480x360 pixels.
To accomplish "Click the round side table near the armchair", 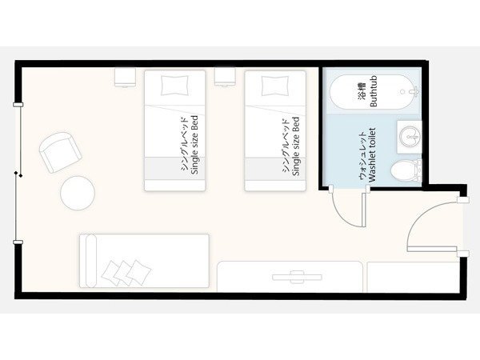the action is click(78, 193).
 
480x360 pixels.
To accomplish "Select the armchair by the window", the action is click(61, 153).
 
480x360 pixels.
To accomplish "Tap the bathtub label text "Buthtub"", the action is click(374, 91).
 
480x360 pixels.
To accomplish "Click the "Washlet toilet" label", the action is click(372, 154).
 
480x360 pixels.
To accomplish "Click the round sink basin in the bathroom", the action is click(409, 136).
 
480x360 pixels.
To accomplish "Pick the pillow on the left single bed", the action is click(174, 85).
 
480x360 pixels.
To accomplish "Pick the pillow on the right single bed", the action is click(275, 86).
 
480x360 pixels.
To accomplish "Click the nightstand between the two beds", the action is click(225, 77).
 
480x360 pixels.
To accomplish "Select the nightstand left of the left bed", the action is click(125, 77).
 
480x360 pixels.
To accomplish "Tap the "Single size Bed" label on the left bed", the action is click(194, 145).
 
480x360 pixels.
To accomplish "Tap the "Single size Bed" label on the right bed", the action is click(296, 146).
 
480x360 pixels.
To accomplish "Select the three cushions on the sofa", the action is click(126, 273).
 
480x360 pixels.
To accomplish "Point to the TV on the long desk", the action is click(297, 277).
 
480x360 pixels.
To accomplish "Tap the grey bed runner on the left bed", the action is click(174, 168).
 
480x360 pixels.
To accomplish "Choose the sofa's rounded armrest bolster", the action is click(91, 261).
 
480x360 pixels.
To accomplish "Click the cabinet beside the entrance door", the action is click(414, 278).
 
